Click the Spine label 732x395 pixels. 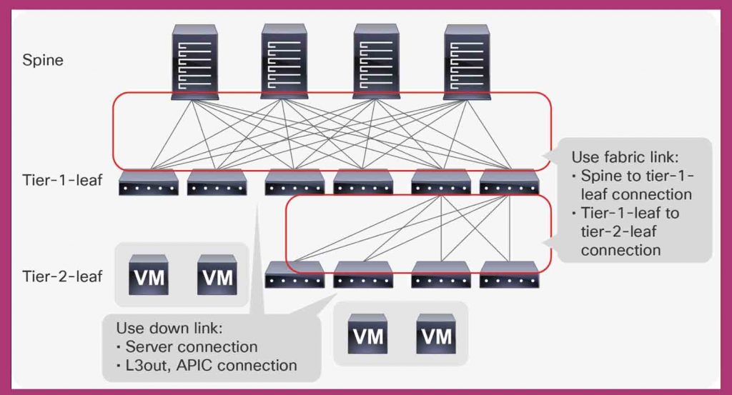[43, 60]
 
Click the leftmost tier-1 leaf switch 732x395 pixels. [149, 184]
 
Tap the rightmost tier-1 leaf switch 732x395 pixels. [509, 184]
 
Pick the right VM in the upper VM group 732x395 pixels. [217, 274]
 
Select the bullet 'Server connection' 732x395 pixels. [190, 347]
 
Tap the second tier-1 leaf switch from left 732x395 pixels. [217, 184]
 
